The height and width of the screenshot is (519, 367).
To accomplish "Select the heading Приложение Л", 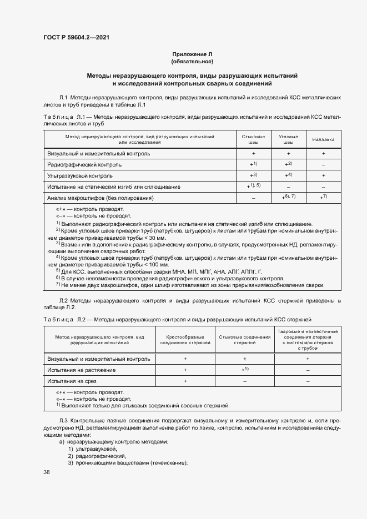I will tap(192, 54).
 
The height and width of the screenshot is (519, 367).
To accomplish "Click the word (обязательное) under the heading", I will tap(192, 61).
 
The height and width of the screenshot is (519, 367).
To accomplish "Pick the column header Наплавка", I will tap(323, 140).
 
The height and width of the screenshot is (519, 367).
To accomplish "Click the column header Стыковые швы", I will tap(253, 139).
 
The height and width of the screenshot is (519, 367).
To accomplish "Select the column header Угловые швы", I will tap(288, 139).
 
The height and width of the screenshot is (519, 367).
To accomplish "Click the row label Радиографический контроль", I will tap(85, 165).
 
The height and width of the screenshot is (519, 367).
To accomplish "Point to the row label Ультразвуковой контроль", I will tap(81, 175).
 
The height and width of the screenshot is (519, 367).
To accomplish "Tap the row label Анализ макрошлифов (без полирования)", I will tap(100, 198).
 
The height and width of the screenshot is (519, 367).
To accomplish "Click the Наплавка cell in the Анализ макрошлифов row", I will tap(323, 197).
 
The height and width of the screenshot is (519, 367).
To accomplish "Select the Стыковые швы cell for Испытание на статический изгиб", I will tap(253, 186).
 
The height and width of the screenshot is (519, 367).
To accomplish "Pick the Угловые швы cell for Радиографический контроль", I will tap(288, 164).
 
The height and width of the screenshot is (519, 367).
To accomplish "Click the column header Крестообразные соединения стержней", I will tap(185, 340).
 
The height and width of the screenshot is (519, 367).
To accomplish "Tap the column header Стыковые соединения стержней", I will tap(244, 340).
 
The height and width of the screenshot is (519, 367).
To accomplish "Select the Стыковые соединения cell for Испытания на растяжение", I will tap(244, 370).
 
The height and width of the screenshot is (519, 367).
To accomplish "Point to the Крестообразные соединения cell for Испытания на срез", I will tap(185, 381).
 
